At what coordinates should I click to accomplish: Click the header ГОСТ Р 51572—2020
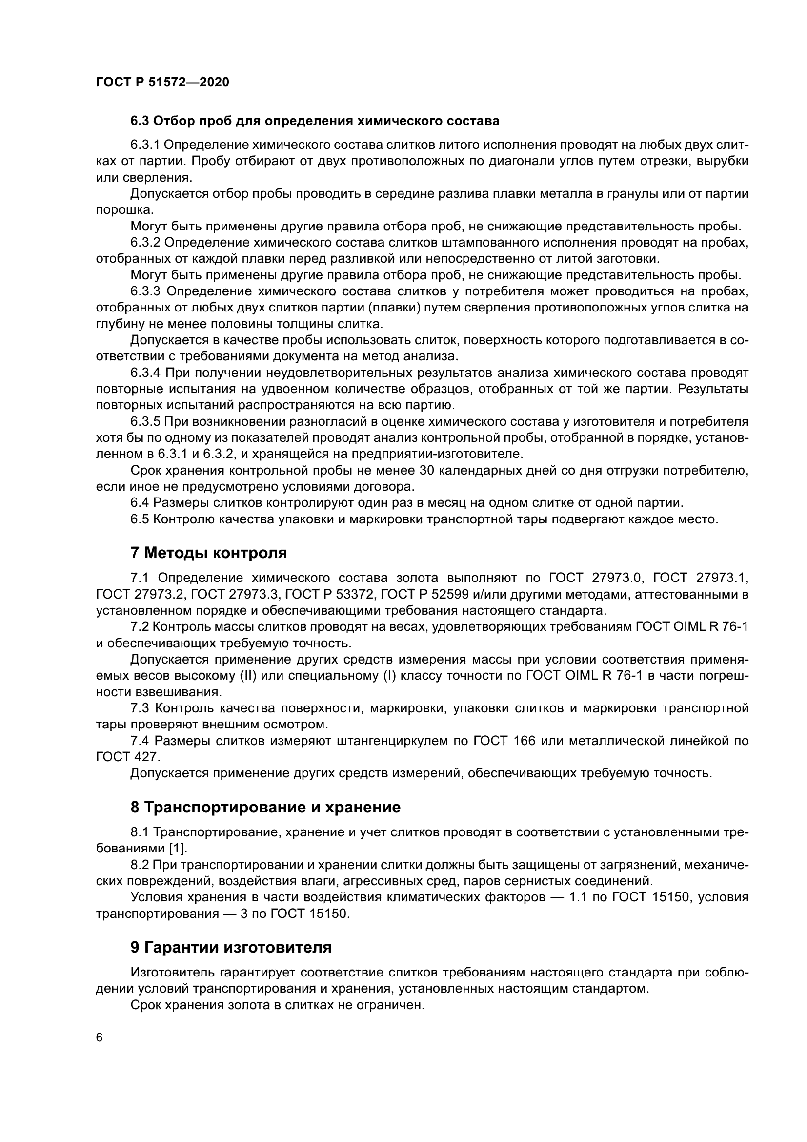point(162,83)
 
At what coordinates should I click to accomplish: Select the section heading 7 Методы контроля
point(209,553)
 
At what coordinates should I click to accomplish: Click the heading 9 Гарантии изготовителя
point(231,948)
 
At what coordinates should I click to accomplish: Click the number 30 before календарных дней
point(427,470)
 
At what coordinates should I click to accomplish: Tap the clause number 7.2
point(140,627)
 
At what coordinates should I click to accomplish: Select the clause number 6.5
point(140,519)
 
